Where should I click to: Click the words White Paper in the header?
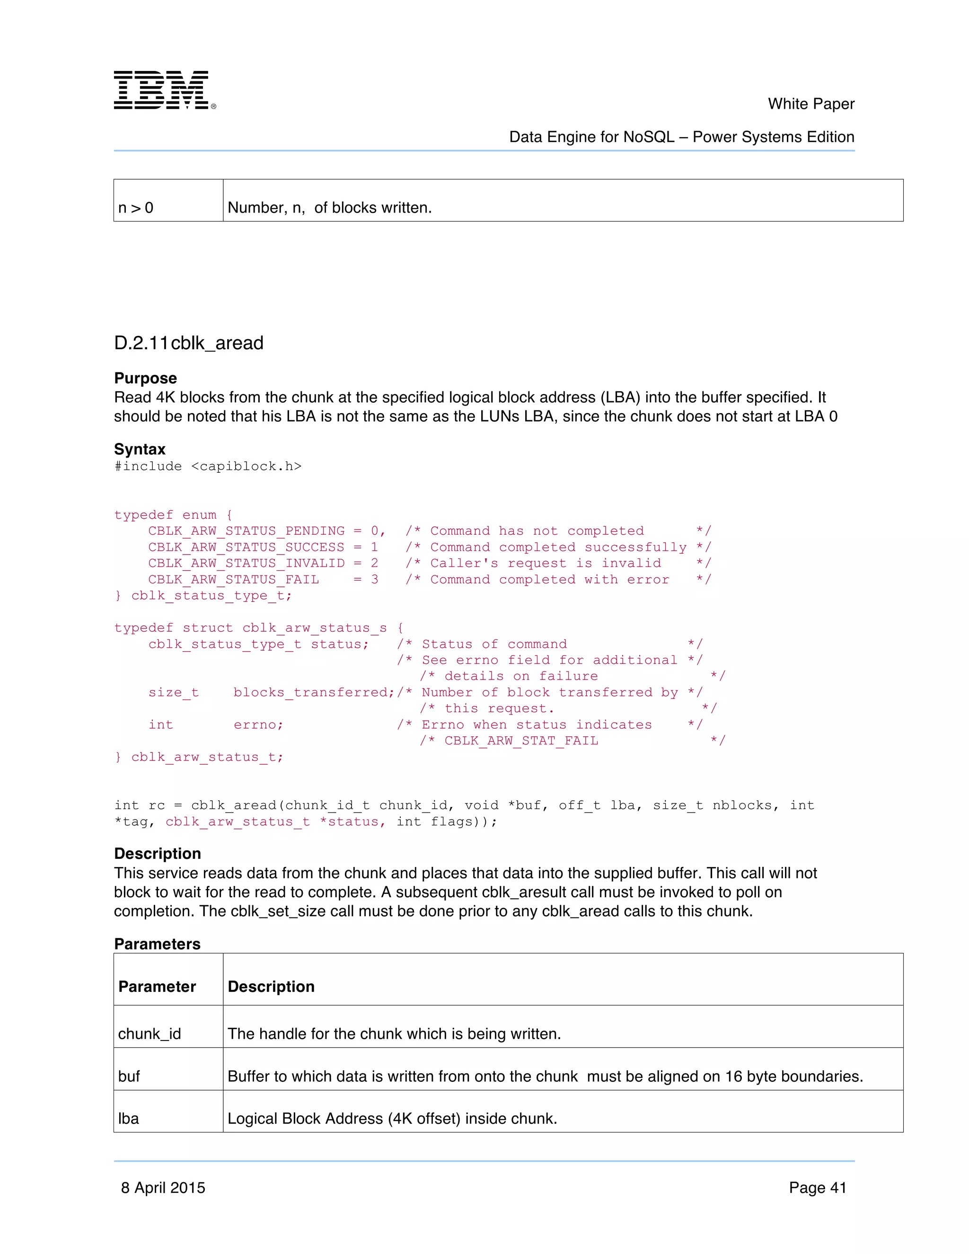[810, 104]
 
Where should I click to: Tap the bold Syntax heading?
[140, 449]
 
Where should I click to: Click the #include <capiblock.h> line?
[207, 466]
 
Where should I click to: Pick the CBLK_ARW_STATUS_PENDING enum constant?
[246, 530]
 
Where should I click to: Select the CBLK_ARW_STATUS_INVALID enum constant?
[246, 563]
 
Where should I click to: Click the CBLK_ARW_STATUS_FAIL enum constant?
[233, 579]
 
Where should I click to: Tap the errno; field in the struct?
[258, 724]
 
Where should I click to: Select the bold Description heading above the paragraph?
[157, 853]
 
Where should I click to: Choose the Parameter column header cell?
[157, 987]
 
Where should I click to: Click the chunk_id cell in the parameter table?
[149, 1033]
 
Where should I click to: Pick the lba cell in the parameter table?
[129, 1119]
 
